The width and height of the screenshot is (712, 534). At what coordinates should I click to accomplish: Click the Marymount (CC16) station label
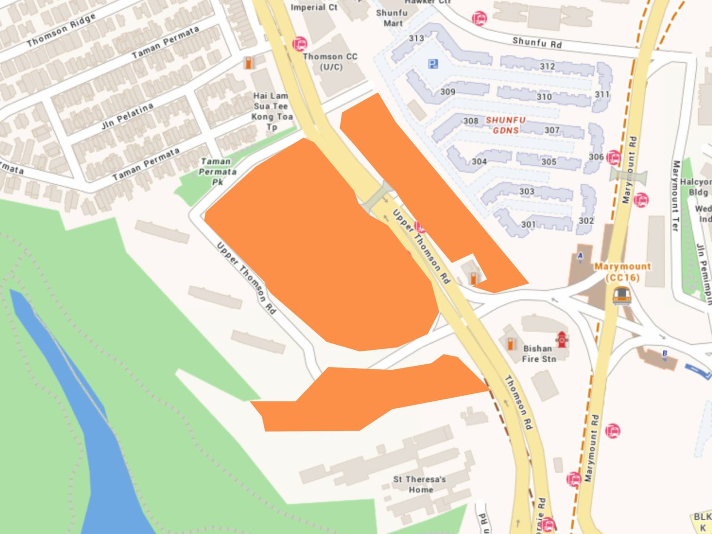click(x=623, y=272)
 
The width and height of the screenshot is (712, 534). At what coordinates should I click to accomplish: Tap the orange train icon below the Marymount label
click(x=621, y=296)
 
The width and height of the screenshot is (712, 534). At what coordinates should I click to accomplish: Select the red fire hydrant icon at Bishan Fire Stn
click(x=562, y=340)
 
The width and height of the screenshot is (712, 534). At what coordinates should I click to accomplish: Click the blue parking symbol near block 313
click(x=433, y=64)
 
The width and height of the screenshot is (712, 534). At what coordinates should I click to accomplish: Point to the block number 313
click(x=416, y=38)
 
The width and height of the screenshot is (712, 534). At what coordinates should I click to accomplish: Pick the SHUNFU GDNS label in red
click(x=505, y=125)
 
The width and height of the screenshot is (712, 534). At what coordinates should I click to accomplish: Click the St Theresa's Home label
click(x=420, y=484)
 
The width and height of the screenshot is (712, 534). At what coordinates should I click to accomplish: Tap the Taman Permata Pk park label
click(x=216, y=171)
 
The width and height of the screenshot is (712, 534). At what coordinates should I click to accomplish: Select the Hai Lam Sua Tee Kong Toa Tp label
click(x=272, y=111)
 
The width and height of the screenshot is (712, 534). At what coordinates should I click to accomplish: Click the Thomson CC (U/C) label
click(x=330, y=61)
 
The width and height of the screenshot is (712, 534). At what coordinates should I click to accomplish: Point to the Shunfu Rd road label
click(x=537, y=43)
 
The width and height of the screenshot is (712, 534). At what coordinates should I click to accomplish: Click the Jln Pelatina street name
click(x=127, y=116)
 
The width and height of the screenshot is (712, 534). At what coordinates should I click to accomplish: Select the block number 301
click(x=528, y=225)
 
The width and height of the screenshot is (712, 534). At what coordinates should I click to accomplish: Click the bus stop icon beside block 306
click(x=613, y=158)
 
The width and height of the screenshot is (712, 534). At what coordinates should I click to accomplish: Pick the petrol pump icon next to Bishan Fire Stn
click(x=511, y=343)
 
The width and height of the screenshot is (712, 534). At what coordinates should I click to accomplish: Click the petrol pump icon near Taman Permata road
click(x=249, y=63)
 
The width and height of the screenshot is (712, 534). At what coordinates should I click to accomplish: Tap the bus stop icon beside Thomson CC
click(x=300, y=45)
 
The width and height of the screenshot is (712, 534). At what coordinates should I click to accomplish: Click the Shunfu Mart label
click(x=392, y=18)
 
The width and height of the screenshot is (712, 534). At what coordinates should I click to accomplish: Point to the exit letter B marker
click(x=664, y=354)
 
